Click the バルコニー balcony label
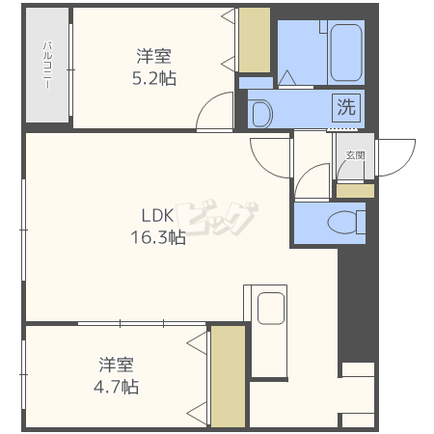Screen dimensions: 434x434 [47, 65]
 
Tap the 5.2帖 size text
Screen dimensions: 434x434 [154, 78]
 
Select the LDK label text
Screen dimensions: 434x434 [157, 215]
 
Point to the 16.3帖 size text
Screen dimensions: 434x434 [158, 237]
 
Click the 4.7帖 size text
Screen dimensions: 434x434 [116, 387]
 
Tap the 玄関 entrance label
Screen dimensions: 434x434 [355, 155]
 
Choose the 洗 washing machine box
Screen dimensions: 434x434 [346, 108]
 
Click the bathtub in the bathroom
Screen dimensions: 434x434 [346, 53]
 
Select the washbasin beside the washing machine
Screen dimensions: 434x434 [261, 114]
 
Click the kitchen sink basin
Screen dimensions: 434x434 [271, 309]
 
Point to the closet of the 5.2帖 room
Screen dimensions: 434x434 [255, 40]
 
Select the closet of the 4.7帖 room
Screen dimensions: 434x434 [228, 376]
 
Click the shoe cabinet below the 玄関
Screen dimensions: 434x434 [355, 191]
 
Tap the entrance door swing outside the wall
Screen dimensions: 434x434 [396, 157]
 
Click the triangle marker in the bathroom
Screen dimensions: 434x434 [287, 77]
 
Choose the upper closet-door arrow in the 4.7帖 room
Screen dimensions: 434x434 [197, 343]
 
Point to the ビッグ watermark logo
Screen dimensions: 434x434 [216, 218]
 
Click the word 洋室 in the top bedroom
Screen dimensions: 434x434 [154, 56]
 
